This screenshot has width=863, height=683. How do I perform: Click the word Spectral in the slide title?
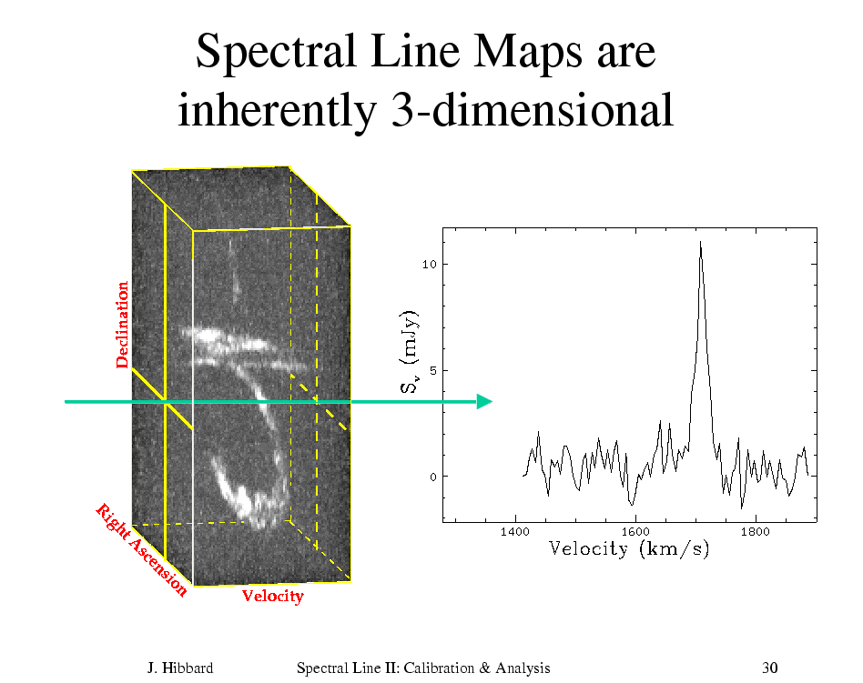click(x=275, y=51)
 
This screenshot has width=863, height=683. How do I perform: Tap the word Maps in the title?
click(x=527, y=51)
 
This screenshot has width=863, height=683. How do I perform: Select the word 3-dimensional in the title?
click(x=533, y=109)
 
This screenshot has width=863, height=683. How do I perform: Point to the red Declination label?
click(x=122, y=325)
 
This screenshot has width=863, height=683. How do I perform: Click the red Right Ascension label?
click(x=141, y=550)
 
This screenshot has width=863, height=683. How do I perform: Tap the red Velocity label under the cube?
click(x=273, y=596)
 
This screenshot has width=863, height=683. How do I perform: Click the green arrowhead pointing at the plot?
click(x=483, y=401)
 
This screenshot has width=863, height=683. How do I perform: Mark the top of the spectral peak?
click(x=700, y=242)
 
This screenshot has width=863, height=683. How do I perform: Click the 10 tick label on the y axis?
click(x=430, y=265)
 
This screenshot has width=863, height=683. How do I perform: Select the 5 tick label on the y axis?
click(x=433, y=371)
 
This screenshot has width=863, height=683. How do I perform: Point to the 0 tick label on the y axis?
click(x=433, y=477)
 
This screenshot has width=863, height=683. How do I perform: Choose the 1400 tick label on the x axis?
click(x=515, y=532)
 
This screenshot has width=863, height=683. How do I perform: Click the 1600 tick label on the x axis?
click(x=635, y=532)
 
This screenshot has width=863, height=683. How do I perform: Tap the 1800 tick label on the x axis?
click(x=756, y=532)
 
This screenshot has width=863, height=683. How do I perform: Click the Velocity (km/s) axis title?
click(x=629, y=548)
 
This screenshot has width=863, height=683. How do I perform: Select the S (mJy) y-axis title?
click(x=410, y=352)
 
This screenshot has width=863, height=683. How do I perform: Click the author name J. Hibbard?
click(x=180, y=668)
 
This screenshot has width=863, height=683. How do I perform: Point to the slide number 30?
click(x=769, y=668)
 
